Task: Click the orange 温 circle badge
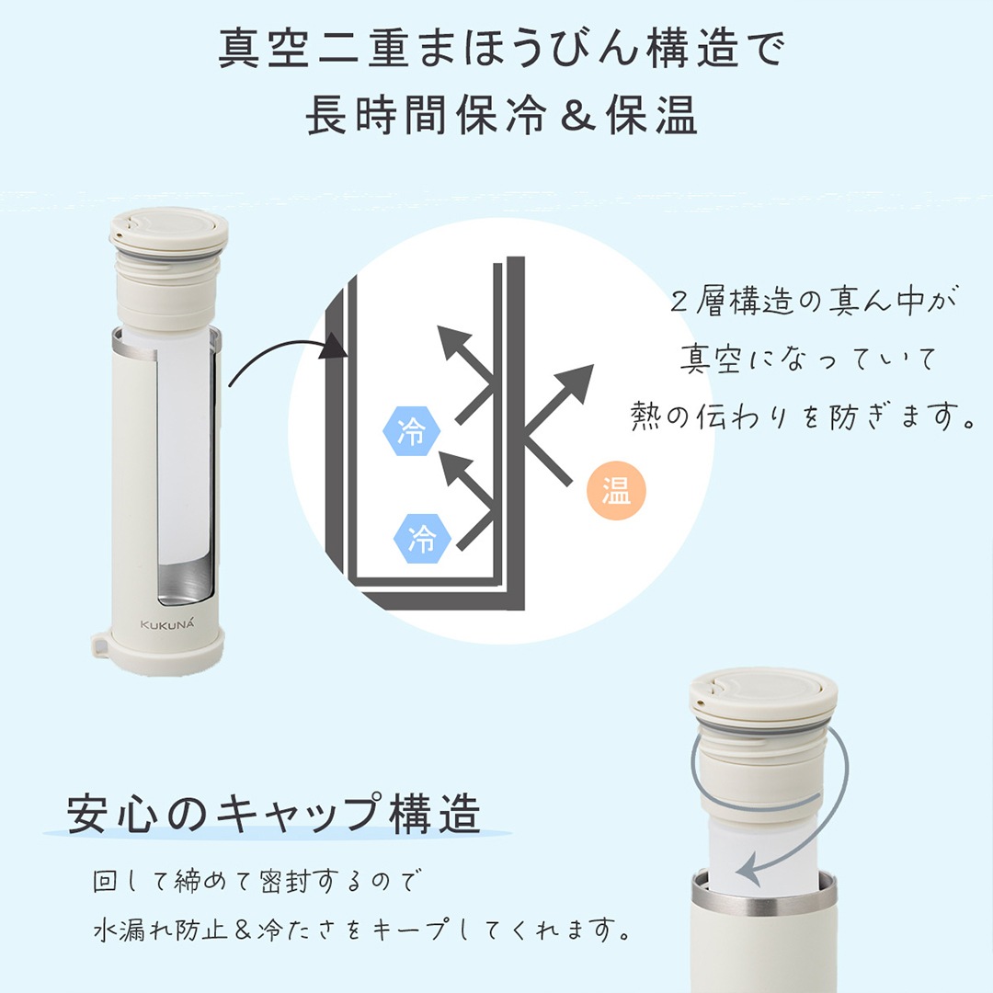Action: (x=616, y=490)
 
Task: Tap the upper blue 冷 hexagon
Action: (x=412, y=432)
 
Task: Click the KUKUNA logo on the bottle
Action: (x=158, y=624)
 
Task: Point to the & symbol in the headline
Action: (x=576, y=115)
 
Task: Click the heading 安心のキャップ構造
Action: (x=274, y=814)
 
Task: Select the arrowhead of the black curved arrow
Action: (x=335, y=346)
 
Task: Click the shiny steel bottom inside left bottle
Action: (x=184, y=579)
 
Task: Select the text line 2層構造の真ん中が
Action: (x=813, y=302)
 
